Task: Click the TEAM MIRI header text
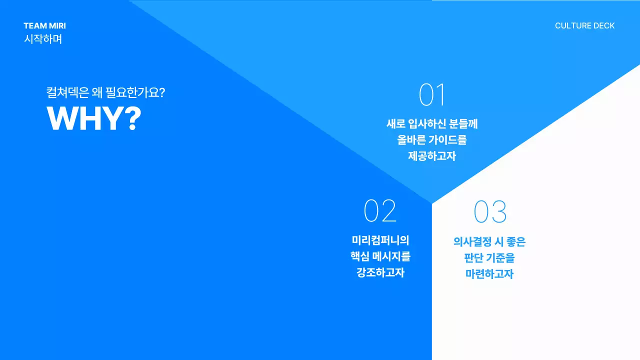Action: pos(44,26)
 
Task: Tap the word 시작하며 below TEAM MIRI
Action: pos(43,39)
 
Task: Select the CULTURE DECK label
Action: pos(584,26)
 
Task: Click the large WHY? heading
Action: pos(94,118)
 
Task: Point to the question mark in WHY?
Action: pos(131,118)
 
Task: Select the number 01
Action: pos(432,95)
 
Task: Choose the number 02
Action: pos(380,211)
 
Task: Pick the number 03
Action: pos(490,211)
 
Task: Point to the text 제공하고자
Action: pos(432,156)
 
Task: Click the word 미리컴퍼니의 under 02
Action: pos(380,240)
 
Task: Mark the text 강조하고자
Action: pos(380,273)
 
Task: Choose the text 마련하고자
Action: pos(489,274)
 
